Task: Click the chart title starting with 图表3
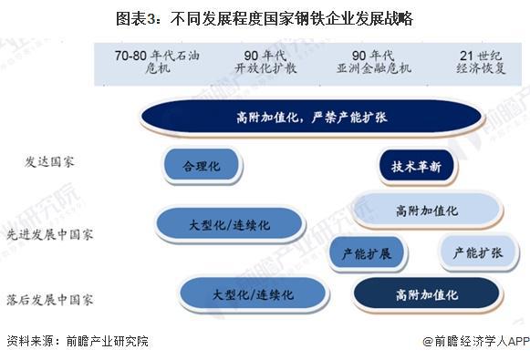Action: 265,18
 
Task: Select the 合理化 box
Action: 202,166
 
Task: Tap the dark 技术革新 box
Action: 416,167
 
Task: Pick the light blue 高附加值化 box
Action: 427,210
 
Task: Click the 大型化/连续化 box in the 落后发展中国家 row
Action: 253,294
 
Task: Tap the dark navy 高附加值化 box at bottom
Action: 427,295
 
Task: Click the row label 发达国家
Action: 49,161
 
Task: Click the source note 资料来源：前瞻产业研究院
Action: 77,342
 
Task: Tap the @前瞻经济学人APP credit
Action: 474,342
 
